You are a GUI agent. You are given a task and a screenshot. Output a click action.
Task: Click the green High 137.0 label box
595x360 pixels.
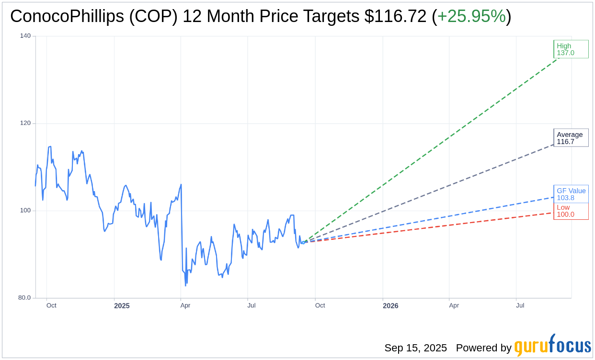571,49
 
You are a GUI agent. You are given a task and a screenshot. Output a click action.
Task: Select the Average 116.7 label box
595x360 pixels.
571,138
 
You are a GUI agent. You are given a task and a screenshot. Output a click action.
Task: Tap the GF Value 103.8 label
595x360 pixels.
571,194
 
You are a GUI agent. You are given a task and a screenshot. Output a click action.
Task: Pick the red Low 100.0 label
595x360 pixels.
571,211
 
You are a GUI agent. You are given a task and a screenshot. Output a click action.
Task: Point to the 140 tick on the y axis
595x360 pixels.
25,36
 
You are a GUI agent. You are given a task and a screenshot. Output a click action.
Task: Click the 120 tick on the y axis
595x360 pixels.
25,123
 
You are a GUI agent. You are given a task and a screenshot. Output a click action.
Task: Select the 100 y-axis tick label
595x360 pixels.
25,211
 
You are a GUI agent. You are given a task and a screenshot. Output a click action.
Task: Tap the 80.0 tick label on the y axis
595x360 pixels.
24,298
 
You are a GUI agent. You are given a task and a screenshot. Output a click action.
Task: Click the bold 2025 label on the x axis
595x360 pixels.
122,306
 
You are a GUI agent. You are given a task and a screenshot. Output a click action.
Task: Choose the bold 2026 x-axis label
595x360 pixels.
390,306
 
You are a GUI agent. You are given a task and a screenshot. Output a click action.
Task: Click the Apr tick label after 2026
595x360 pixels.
454,305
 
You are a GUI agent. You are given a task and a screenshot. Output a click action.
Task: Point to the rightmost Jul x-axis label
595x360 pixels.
520,305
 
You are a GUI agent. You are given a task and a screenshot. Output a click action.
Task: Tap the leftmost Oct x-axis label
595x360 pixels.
51,305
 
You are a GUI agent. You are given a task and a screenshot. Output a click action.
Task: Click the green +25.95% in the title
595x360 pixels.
471,17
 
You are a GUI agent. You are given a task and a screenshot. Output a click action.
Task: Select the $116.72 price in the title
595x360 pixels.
395,17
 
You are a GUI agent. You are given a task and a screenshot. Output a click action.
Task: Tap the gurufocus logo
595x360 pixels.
552,346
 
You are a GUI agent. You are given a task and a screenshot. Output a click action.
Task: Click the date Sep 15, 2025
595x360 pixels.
415,348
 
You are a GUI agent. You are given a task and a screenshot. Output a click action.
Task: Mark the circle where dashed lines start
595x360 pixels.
303,243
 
